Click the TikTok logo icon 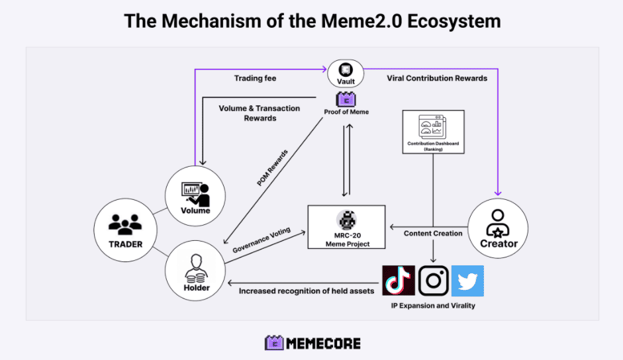point(399,281)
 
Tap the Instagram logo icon point(434,281)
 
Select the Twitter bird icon point(467,281)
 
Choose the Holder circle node point(196,270)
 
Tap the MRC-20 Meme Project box point(346,227)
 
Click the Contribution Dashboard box point(434,132)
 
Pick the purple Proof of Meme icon point(346,100)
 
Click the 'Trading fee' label point(256,78)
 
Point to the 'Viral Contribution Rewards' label point(437,78)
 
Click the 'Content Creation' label point(433,233)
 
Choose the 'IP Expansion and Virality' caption point(434,306)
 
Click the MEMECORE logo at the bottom point(312,343)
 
